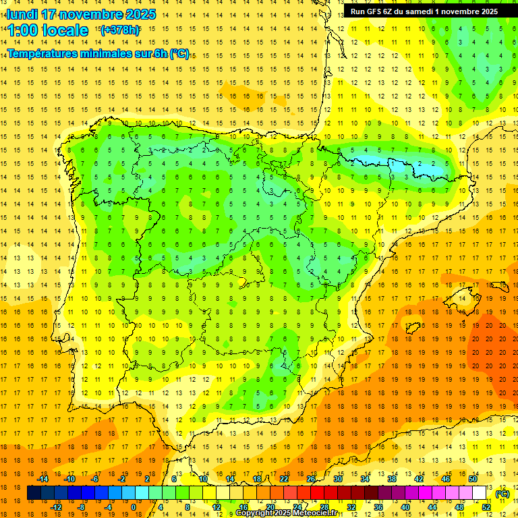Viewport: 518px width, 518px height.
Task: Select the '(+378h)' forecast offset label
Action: pos(119,30)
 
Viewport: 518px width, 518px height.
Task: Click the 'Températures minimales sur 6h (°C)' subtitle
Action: pos(98,54)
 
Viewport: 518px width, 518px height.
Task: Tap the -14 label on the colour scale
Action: pos(44,479)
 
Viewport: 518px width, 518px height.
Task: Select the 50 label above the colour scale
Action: pos(473,479)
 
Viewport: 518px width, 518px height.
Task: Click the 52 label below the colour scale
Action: pos(486,507)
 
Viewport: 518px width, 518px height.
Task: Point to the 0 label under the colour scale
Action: pos(134,507)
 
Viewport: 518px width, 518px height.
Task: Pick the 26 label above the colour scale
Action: pos(311,479)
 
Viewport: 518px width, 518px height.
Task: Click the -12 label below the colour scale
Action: pos(57,507)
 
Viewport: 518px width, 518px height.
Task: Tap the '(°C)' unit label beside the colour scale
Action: pos(502,494)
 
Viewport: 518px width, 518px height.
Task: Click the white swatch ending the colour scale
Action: pos(480,494)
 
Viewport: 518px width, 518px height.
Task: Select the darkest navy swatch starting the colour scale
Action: pos(34,494)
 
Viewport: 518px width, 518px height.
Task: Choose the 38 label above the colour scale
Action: pos(392,479)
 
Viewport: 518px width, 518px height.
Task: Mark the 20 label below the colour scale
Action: pos(270,507)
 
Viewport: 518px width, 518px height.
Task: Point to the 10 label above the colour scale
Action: pos(203,479)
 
